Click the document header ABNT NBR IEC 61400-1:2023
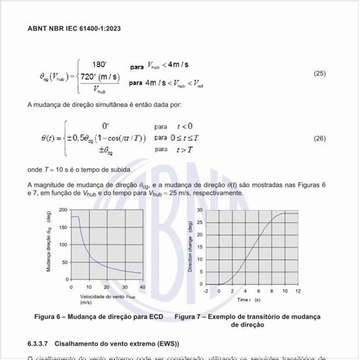(74, 29)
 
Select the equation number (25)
(319, 73)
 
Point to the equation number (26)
(319, 138)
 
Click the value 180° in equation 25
(99, 64)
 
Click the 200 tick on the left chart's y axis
(63, 210)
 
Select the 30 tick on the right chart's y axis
(200, 210)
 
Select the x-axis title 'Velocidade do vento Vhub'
(107, 297)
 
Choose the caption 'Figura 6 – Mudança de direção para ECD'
(98, 317)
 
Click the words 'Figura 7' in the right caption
(189, 317)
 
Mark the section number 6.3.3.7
(39, 344)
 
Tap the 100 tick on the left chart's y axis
(63, 245)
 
